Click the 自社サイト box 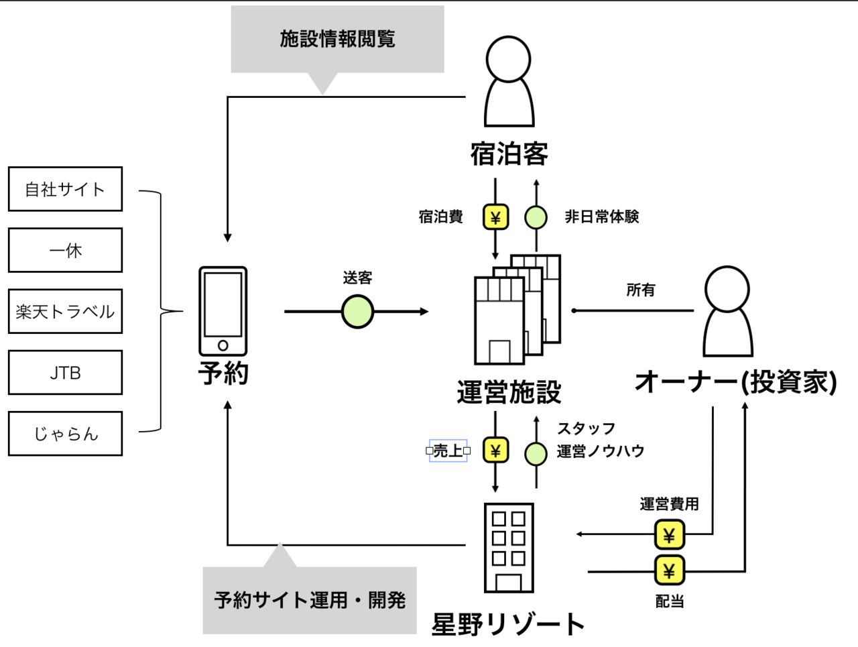(x=65, y=189)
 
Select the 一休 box (x=65, y=250)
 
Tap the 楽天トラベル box (x=65, y=311)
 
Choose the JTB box (x=65, y=372)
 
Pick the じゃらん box (x=65, y=434)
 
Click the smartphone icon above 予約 (x=223, y=311)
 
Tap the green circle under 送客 (x=357, y=312)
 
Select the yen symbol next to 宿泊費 (x=495, y=217)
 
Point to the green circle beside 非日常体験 (x=536, y=217)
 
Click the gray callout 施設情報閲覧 (x=337, y=39)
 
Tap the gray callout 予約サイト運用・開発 (x=310, y=599)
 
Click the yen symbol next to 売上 (x=495, y=451)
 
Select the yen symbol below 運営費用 (x=669, y=535)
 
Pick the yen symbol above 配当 (x=669, y=571)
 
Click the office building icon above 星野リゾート (x=509, y=548)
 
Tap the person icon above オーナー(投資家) (x=728, y=312)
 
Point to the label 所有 (x=640, y=290)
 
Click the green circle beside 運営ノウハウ (x=536, y=454)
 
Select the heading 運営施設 (x=509, y=392)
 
